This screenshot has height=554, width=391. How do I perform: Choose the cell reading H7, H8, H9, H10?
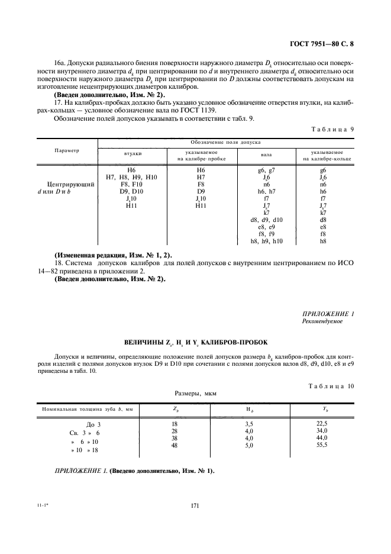(x=132, y=177)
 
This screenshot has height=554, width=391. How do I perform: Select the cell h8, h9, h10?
(x=266, y=241)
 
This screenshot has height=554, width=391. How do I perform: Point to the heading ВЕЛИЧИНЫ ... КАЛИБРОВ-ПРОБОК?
(x=196, y=343)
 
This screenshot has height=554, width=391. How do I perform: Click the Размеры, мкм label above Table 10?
(x=195, y=392)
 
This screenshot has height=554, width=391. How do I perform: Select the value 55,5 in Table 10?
(x=322, y=445)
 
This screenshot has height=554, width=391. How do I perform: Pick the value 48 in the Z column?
(x=175, y=445)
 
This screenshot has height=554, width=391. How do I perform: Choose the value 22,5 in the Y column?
(x=322, y=423)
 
